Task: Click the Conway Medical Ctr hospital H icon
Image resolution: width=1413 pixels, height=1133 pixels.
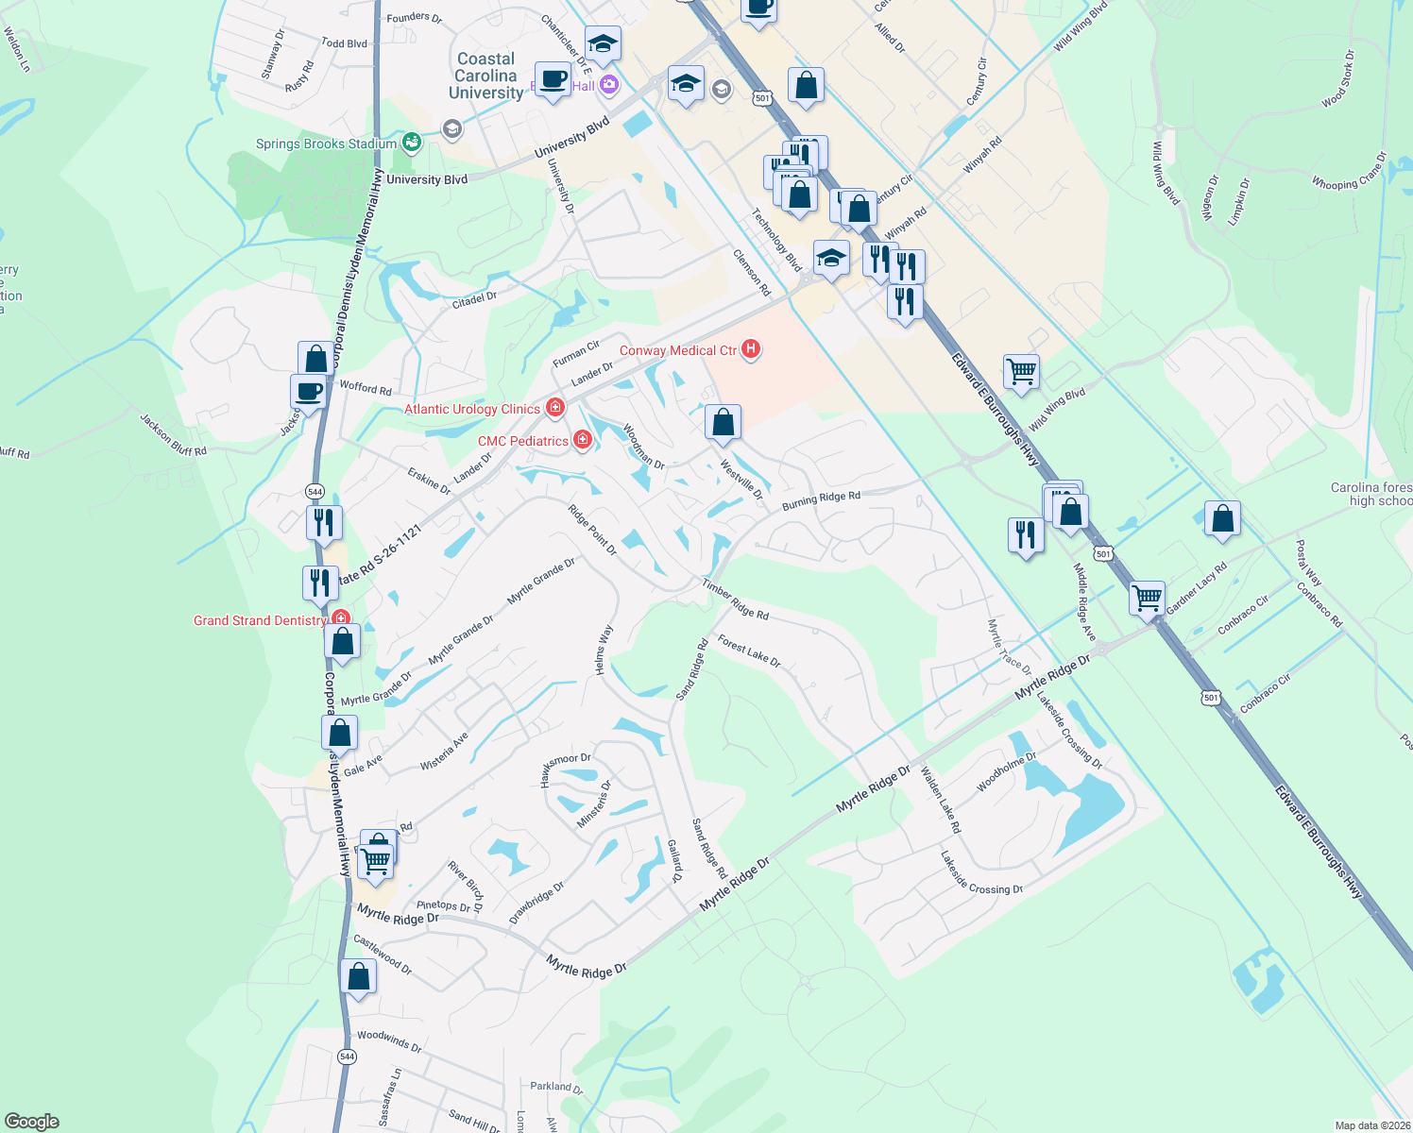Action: [751, 349]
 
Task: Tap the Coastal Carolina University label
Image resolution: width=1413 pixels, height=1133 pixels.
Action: [485, 76]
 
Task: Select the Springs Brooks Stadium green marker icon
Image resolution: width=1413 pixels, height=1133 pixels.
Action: [411, 143]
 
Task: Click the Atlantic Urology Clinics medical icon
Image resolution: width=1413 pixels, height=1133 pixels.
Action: [555, 408]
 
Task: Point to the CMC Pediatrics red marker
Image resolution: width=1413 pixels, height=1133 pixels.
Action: [583, 440]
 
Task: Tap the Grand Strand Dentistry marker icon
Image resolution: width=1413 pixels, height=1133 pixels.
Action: [341, 620]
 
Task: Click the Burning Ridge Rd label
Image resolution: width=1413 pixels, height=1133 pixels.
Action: [821, 500]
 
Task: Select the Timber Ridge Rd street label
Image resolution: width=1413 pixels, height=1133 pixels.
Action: [735, 600]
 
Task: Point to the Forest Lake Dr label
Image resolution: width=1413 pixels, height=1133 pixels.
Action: [749, 651]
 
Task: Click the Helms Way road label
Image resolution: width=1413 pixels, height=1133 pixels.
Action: [604, 649]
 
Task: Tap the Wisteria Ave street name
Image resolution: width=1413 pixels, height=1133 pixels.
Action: [444, 752]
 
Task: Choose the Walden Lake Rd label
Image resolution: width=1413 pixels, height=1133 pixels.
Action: [941, 800]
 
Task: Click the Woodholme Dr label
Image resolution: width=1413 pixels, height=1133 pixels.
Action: [1007, 771]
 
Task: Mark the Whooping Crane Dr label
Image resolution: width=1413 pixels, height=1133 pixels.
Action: [1350, 172]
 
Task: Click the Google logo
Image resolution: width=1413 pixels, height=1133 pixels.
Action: [31, 1121]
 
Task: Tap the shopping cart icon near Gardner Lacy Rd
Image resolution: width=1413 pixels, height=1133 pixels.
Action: [1147, 598]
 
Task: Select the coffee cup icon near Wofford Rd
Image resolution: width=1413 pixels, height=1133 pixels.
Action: [308, 391]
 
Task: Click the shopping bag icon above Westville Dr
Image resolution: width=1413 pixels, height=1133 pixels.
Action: [724, 422]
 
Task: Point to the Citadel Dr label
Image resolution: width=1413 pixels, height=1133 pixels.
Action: [474, 300]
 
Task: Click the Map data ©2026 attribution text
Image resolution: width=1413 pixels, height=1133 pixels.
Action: [1372, 1125]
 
